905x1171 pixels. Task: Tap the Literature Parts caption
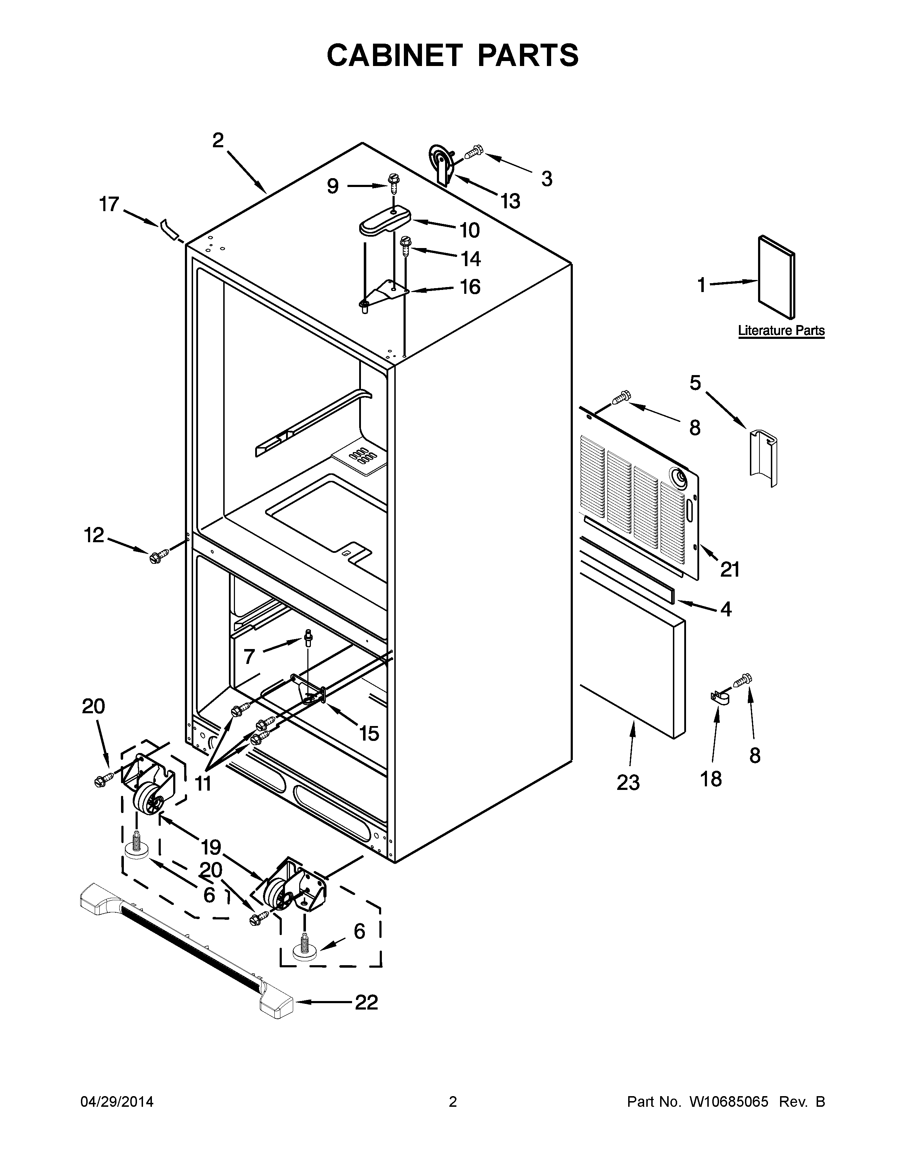(x=781, y=330)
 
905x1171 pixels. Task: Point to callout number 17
(x=109, y=204)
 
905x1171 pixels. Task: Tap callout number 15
(x=369, y=733)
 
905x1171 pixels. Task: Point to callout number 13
(x=510, y=201)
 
